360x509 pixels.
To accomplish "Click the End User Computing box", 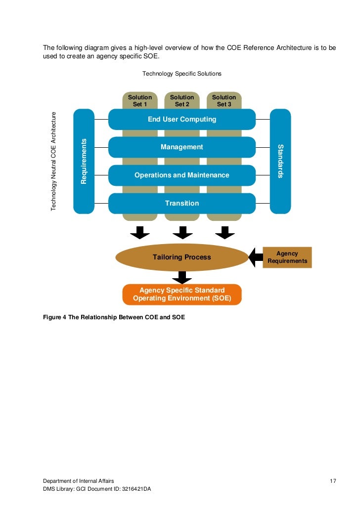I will pyautogui.click(x=181, y=119).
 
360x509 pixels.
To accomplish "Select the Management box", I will pyautogui.click(x=181, y=147).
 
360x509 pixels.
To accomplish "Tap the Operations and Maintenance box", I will pyautogui.click(x=181, y=175).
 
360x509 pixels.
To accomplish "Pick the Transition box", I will pyautogui.click(x=181, y=203).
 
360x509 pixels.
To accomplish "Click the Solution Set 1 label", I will pyautogui.click(x=140, y=101).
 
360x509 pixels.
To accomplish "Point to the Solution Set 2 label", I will pyautogui.click(x=182, y=101).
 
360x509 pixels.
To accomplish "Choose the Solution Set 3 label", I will pyautogui.click(x=224, y=101).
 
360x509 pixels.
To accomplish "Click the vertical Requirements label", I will pyautogui.click(x=84, y=161).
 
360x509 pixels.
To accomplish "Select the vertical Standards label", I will pyautogui.click(x=280, y=161).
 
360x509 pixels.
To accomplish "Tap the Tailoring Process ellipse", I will pyautogui.click(x=181, y=257).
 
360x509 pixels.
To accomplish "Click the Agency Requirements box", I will pyautogui.click(x=287, y=257).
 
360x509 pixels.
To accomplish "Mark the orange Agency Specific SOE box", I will pyautogui.click(x=182, y=294).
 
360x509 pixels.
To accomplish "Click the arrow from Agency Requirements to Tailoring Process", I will pyautogui.click(x=255, y=257).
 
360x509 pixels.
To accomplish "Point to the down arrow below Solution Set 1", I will pyautogui.click(x=140, y=232).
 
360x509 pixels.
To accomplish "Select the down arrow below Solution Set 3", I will pyautogui.click(x=225, y=232).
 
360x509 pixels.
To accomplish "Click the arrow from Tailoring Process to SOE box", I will pyautogui.click(x=182, y=277).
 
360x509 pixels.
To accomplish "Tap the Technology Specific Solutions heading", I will pyautogui.click(x=181, y=74).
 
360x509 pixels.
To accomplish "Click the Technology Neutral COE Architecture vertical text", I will pyautogui.click(x=54, y=161).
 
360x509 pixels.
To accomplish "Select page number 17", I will pyautogui.click(x=333, y=481).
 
